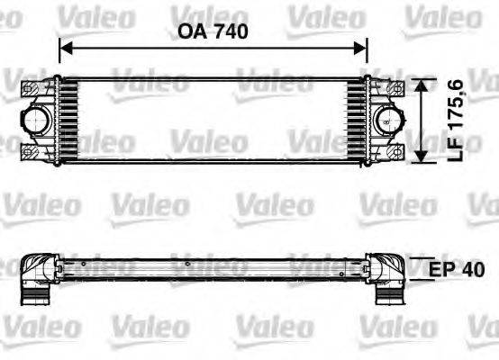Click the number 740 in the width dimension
230,31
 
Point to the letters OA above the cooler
188,31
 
